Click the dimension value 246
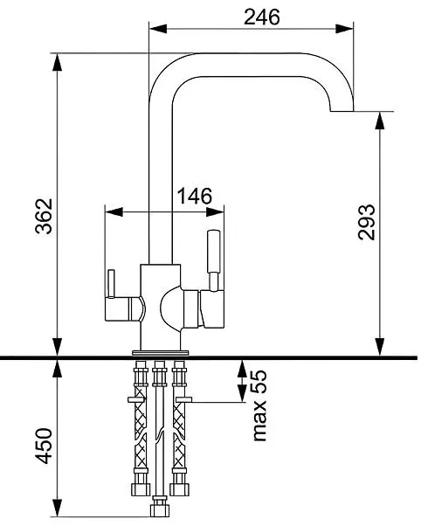point(262,17)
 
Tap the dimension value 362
point(44,216)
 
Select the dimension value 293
point(366,222)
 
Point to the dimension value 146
point(195,196)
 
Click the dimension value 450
point(44,446)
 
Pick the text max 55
point(259,406)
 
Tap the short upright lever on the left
point(111,283)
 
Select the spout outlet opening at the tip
point(342,111)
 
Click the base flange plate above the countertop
point(161,353)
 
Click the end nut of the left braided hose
point(141,489)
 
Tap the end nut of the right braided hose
point(179,489)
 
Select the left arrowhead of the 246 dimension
point(158,29)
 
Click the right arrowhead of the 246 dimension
point(344,29)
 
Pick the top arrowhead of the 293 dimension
point(379,121)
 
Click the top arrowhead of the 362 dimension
point(58,62)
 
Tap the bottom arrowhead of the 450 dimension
point(58,508)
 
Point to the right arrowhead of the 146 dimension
point(215,212)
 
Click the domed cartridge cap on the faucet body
point(172,308)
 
